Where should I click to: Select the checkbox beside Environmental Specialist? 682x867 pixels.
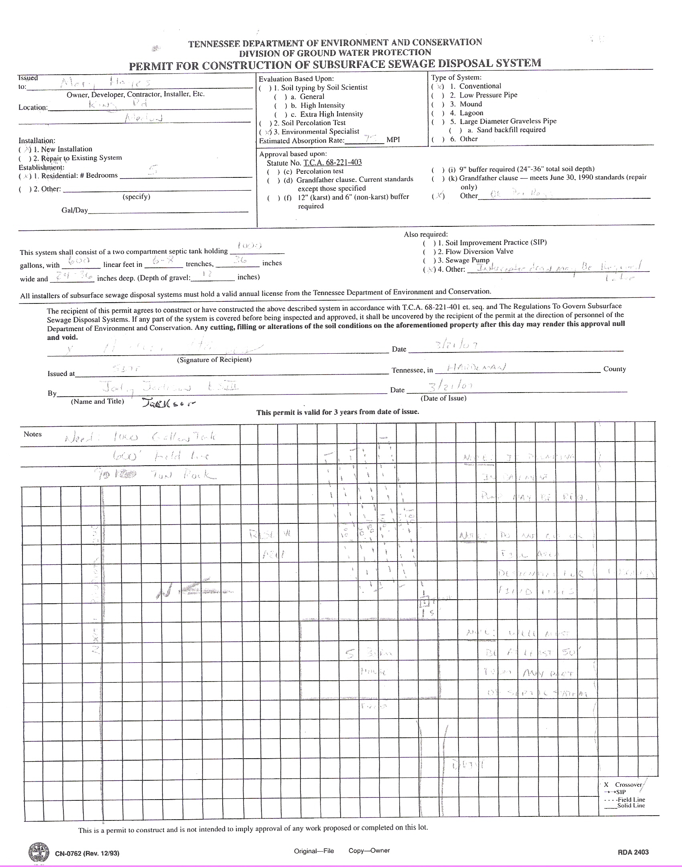pos(265,132)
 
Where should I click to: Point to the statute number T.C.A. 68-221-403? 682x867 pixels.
pos(333,163)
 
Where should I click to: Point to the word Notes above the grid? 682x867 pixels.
pos(32,434)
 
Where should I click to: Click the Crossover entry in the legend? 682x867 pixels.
pos(628,785)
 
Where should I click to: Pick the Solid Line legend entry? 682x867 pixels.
pos(631,806)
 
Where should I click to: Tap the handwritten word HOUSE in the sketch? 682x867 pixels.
pos(373,671)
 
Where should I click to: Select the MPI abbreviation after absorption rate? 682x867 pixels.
pos(393,140)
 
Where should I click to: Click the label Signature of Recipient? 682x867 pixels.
pos(214,360)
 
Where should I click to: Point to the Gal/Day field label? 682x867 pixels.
pos(75,210)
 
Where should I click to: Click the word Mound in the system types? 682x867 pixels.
pos(471,104)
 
